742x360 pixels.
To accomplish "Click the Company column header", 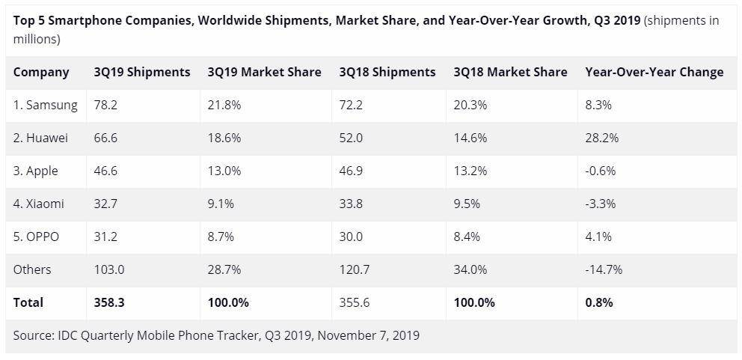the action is (x=41, y=72).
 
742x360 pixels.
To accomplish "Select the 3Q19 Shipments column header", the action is (x=142, y=72).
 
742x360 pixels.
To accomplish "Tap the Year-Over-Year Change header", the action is (x=654, y=72).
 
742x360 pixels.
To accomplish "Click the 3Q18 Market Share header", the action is (x=510, y=72).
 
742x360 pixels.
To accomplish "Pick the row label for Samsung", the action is (x=46, y=105).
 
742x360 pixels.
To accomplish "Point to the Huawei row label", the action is (x=40, y=138).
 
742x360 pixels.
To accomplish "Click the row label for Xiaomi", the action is (x=38, y=204).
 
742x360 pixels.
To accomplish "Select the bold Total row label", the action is (x=28, y=302).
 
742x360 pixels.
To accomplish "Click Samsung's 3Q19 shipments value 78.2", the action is (x=105, y=105).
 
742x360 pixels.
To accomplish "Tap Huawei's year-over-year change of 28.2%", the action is (x=602, y=138).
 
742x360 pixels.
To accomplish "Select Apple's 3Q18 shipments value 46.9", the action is (x=351, y=171).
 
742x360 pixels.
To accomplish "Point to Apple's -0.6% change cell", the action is (x=601, y=171).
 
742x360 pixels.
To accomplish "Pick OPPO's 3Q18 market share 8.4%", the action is (x=467, y=237).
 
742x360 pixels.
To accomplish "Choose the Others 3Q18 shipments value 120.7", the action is (x=355, y=269).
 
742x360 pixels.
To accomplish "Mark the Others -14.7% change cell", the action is (x=604, y=269).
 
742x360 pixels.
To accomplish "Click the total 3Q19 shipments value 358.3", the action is (x=109, y=302).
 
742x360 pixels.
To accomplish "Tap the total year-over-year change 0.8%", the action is (x=599, y=302).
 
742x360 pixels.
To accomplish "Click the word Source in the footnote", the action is (x=33, y=335).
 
